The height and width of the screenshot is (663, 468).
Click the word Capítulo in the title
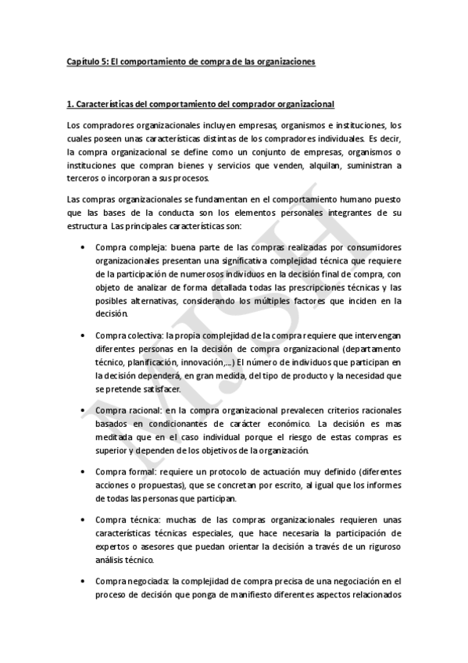(82, 61)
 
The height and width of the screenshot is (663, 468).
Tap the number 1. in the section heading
(70, 104)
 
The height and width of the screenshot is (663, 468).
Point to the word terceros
(83, 179)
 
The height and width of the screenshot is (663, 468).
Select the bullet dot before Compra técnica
(84, 520)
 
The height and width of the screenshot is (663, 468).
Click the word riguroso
(380, 547)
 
